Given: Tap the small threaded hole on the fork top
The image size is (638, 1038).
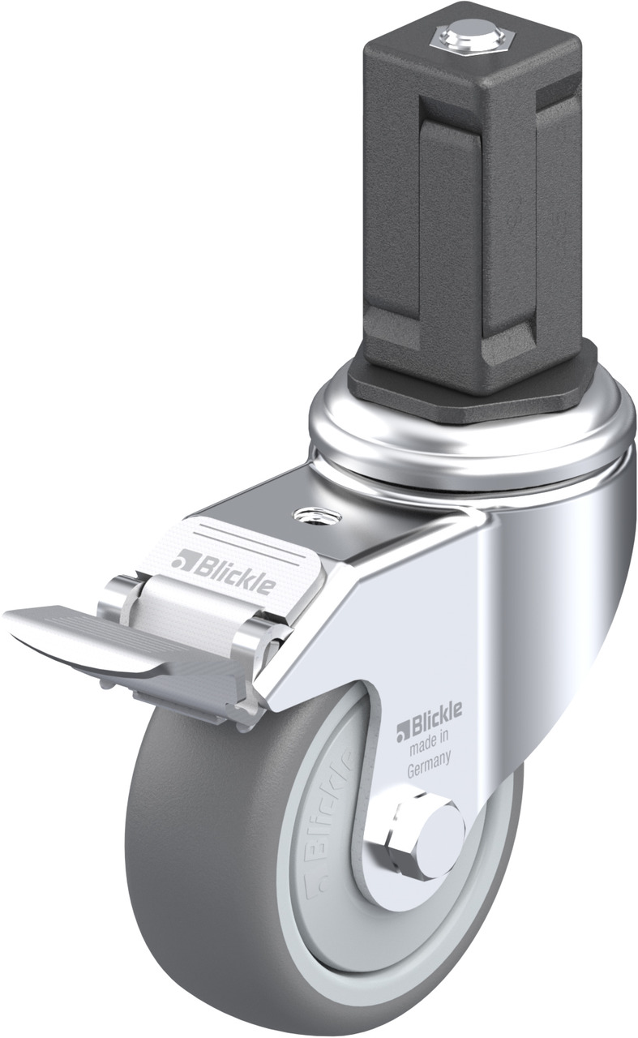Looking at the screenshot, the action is point(317,515).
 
